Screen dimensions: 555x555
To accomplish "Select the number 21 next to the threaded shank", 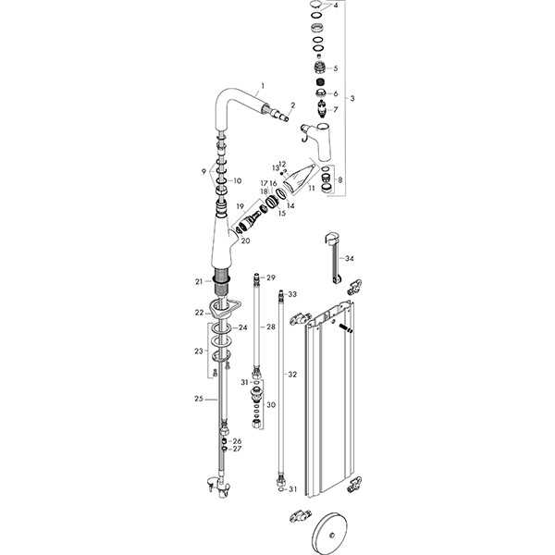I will pyautogui.click(x=198, y=281).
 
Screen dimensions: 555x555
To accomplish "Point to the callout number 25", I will pyautogui.click(x=198, y=398).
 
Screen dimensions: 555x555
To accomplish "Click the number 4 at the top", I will pyautogui.click(x=336, y=6).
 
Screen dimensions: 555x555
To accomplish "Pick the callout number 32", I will pyautogui.click(x=292, y=374).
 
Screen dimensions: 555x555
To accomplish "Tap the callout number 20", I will pyautogui.click(x=246, y=240).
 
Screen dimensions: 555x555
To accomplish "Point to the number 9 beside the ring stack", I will pyautogui.click(x=203, y=172).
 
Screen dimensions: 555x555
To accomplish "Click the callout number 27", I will pyautogui.click(x=238, y=449).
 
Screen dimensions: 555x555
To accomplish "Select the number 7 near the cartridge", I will pyautogui.click(x=335, y=109).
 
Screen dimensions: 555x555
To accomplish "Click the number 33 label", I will pyautogui.click(x=292, y=293).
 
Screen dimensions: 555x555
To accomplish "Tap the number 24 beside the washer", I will pyautogui.click(x=243, y=327).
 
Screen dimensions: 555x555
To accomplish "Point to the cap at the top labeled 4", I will pyautogui.click(x=315, y=6).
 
